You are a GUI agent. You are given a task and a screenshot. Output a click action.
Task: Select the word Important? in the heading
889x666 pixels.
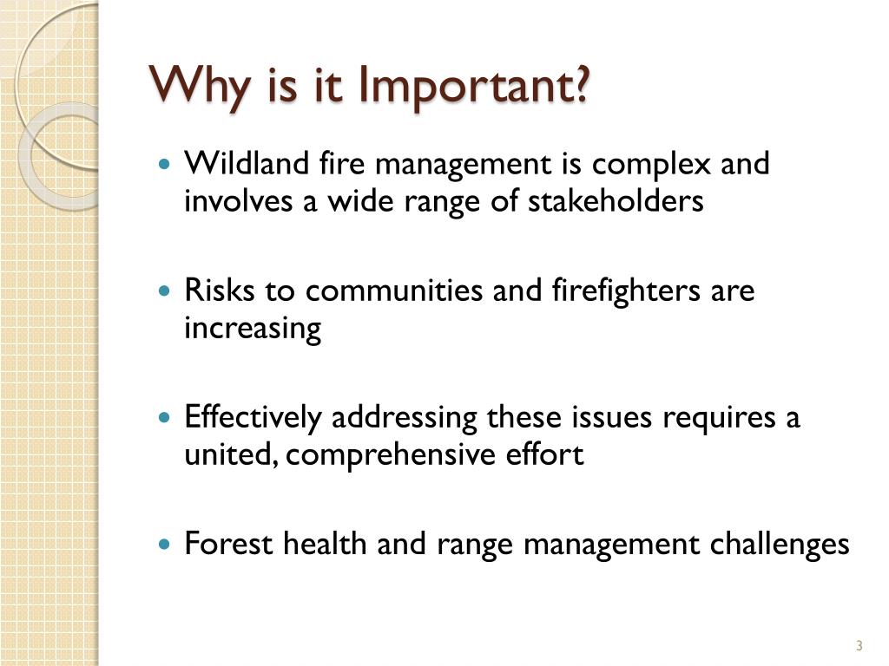click(473, 87)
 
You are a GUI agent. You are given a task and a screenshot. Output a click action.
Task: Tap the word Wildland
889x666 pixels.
click(235, 163)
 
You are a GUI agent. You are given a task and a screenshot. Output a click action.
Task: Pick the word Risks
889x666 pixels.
click(221, 291)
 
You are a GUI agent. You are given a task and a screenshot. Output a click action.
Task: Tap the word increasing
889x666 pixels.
click(252, 329)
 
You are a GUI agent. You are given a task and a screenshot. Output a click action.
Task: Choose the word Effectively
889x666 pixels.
click(253, 418)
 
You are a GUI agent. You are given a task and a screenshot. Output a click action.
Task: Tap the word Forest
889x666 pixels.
click(229, 544)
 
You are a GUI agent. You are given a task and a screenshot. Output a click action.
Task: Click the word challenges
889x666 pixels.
click(779, 545)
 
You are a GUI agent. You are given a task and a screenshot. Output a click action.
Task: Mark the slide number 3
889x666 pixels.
click(859, 645)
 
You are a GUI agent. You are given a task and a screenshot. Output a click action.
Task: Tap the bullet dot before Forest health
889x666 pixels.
click(166, 545)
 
